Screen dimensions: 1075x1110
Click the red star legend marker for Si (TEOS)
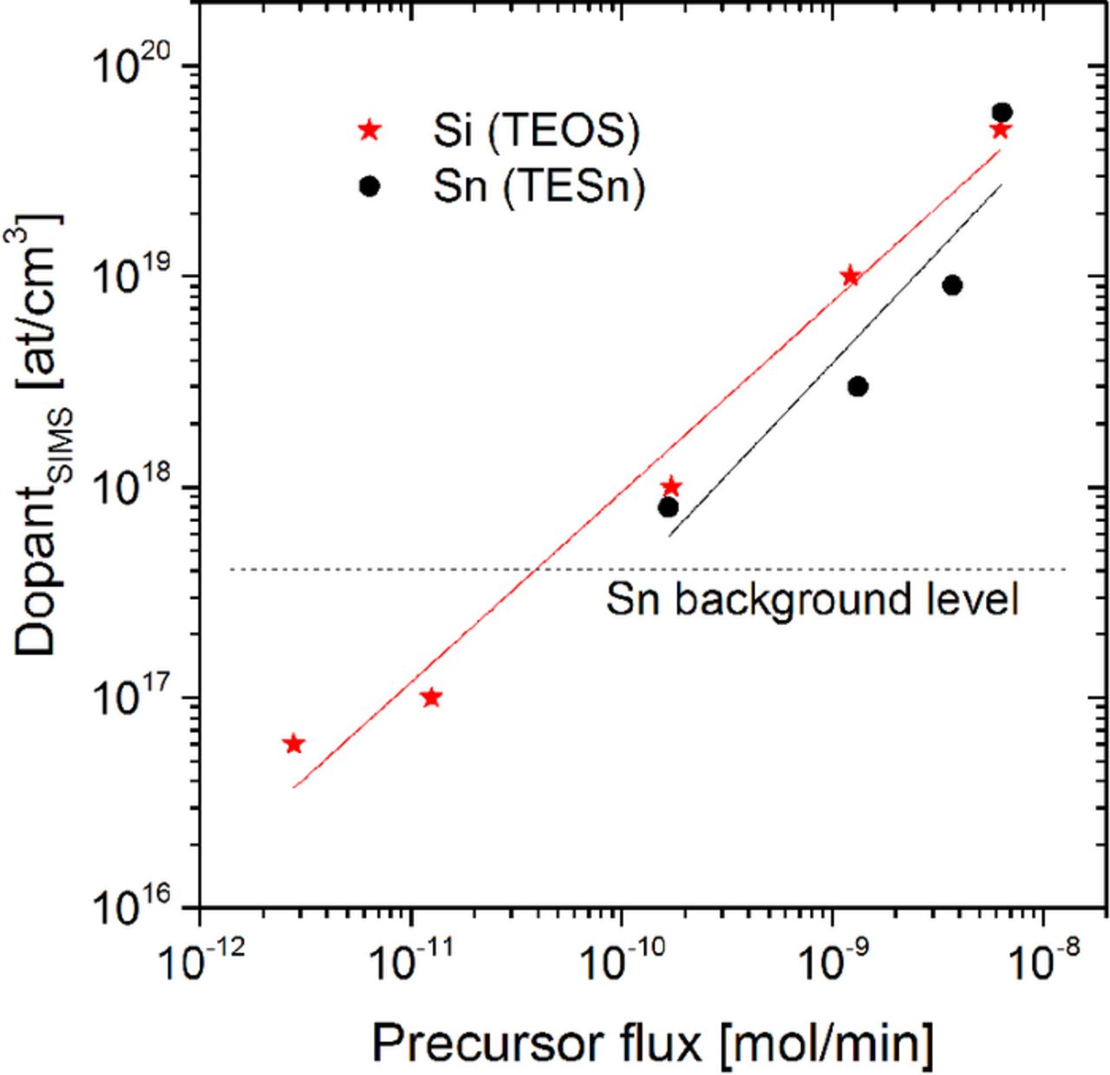coord(370,131)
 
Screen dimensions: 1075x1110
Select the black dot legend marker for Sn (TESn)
coord(370,186)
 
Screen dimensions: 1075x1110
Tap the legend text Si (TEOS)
coord(536,131)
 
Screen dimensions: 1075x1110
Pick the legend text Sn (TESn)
coord(539,187)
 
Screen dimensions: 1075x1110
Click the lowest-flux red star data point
coord(294,744)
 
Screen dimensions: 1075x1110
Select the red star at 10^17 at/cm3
coord(431,698)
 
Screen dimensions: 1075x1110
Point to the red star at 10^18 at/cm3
coord(670,486)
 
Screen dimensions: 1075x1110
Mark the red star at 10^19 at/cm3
coord(850,277)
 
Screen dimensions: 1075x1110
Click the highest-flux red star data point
coord(1000,130)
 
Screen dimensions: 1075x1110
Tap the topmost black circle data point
coord(1002,113)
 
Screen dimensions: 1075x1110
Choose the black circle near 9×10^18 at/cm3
coord(952,285)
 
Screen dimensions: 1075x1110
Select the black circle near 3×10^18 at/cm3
coord(858,387)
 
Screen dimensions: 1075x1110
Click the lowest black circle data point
coord(668,507)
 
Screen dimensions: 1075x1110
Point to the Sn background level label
coord(812,600)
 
